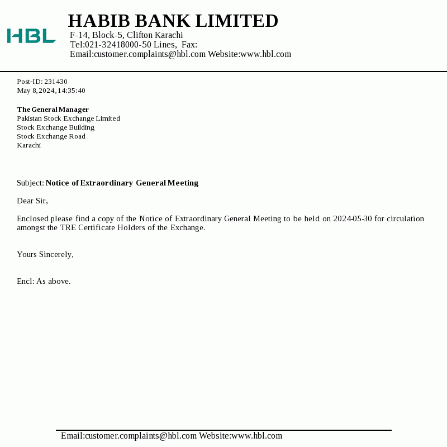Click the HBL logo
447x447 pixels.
pyautogui.click(x=31, y=36)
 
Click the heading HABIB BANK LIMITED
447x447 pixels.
pyautogui.click(x=173, y=21)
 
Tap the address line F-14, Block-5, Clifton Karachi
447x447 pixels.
pyautogui.click(x=126, y=35)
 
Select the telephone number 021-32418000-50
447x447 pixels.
pyautogui.click(x=118, y=45)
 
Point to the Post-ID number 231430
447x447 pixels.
pyautogui.click(x=56, y=82)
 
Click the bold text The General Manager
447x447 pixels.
pyautogui.click(x=53, y=110)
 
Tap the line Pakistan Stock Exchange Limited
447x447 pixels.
pyautogui.click(x=68, y=118)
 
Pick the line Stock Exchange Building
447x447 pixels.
pyautogui.click(x=55, y=127)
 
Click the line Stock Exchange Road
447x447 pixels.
pyautogui.click(x=51, y=136)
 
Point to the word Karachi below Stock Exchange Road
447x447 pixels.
pyautogui.click(x=28, y=145)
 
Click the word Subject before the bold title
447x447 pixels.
pyautogui.click(x=30, y=183)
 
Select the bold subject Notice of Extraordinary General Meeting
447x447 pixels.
pyautogui.click(x=122, y=183)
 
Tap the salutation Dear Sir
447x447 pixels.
pyautogui.click(x=32, y=201)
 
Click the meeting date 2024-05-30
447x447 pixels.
pyautogui.click(x=353, y=218)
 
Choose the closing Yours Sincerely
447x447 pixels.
pyautogui.click(x=45, y=254)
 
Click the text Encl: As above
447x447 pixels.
pyautogui.click(x=44, y=281)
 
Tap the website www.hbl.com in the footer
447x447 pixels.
pyautogui.click(x=256, y=436)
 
